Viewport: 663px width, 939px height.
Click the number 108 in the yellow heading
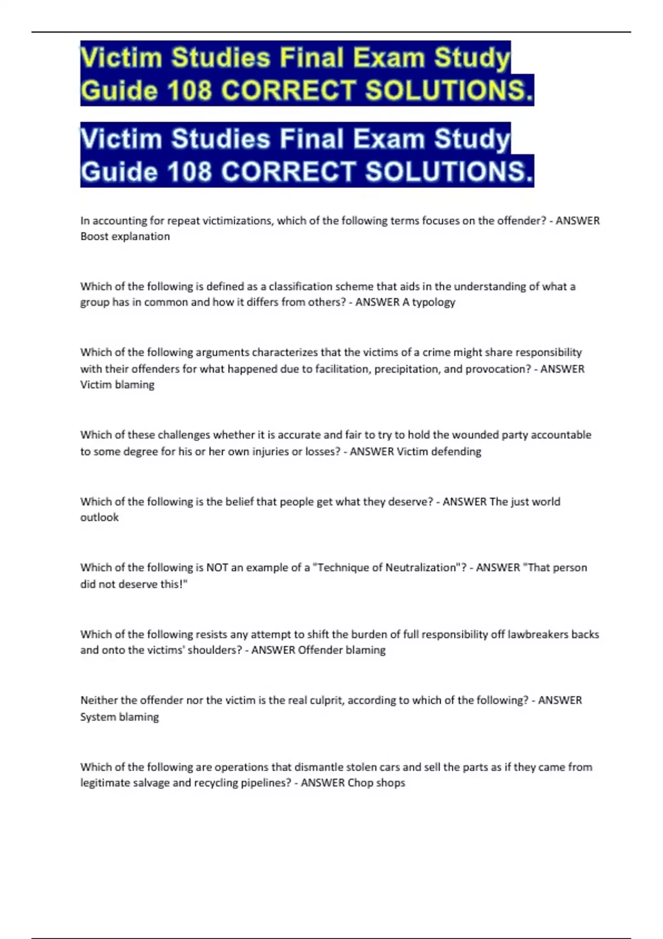[x=189, y=91]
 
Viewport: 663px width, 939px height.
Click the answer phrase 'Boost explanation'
[x=125, y=236]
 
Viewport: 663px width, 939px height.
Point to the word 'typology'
[x=434, y=302]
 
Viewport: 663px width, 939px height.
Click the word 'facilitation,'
[x=343, y=368]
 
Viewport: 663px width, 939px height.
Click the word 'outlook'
[x=99, y=518]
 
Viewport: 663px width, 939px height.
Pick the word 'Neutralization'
[x=419, y=567]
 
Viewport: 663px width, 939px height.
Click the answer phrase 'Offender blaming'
[x=341, y=650]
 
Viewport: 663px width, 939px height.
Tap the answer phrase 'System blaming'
[x=119, y=717]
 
